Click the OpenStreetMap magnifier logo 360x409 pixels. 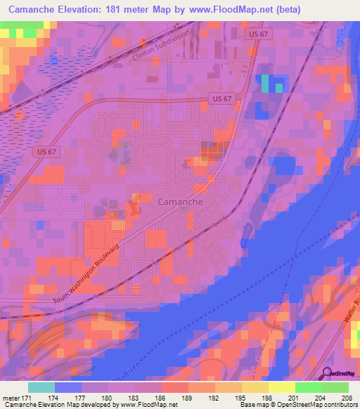coord(326,372)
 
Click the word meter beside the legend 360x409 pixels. coord(10,397)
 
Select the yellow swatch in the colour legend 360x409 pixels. coord(281,387)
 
